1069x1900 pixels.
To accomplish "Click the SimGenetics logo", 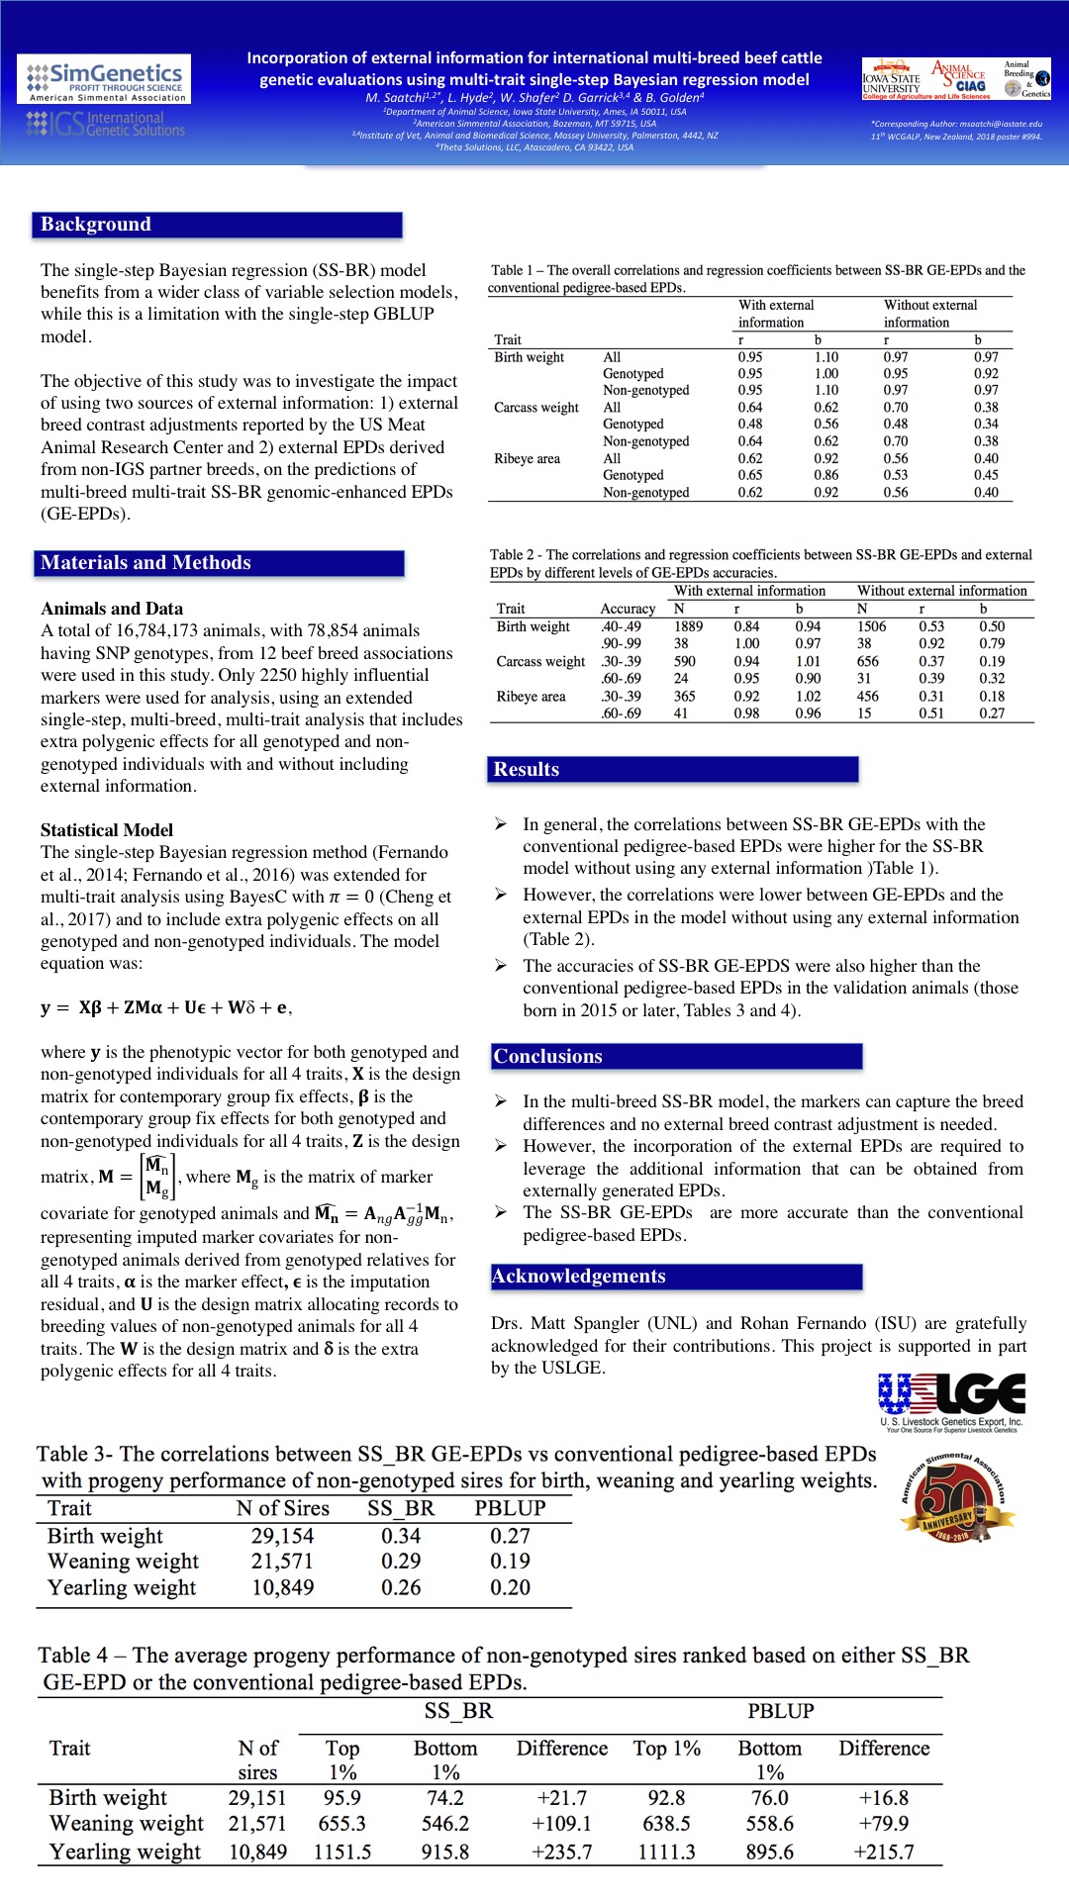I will [104, 78].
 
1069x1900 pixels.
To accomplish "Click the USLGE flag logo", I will [951, 1399].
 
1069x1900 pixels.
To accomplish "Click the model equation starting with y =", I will [166, 1007].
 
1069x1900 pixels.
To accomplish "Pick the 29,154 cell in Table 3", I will [282, 1536].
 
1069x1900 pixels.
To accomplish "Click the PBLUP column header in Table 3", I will [510, 1508].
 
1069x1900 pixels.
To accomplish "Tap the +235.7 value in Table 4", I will [561, 1852].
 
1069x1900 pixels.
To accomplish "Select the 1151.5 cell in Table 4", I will [342, 1852].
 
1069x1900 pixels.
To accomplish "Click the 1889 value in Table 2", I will [688, 626].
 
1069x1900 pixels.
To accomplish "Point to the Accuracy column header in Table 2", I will [628, 609].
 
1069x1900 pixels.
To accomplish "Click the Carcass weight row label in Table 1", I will [536, 408].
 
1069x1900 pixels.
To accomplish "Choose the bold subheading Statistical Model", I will [107, 830].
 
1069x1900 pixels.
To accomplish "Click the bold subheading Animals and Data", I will [112, 609].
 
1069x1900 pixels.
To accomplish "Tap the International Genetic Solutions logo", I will [106, 124].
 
